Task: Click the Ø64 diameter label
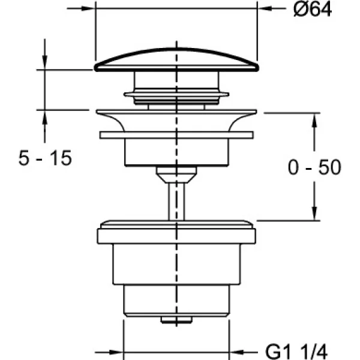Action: tap(313, 10)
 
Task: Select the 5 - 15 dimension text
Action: tap(45, 158)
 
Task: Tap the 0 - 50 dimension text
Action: tap(314, 167)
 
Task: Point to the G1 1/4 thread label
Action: tap(296, 352)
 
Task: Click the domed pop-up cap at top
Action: tap(176, 59)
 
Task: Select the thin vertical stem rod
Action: tap(176, 202)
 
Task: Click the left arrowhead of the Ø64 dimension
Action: tap(89, 8)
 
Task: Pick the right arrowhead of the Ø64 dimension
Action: tap(264, 8)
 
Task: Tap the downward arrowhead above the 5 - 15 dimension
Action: tap(45, 62)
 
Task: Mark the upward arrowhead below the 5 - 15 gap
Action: tap(45, 118)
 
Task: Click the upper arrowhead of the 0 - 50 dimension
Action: tap(314, 120)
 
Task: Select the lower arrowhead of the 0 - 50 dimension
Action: tap(314, 214)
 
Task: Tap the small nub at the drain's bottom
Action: tap(176, 320)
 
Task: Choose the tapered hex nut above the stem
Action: tap(176, 175)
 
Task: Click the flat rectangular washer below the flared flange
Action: tap(176, 135)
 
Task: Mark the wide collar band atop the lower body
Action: tap(176, 236)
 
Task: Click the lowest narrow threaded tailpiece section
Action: tap(176, 301)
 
